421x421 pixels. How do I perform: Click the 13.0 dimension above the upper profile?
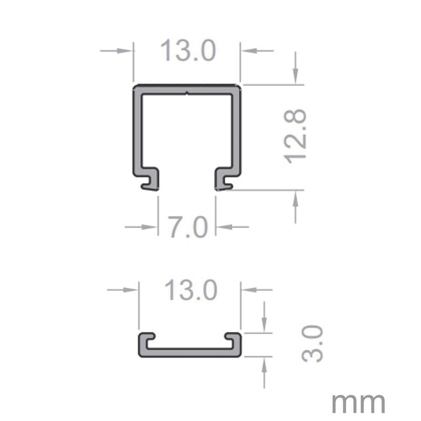click(187, 52)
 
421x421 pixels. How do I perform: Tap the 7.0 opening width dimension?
click(187, 227)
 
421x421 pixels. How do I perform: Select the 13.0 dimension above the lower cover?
click(190, 290)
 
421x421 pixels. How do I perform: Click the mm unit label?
click(358, 403)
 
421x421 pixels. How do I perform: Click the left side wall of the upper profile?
click(135, 132)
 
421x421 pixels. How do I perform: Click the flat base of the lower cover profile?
click(189, 353)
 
